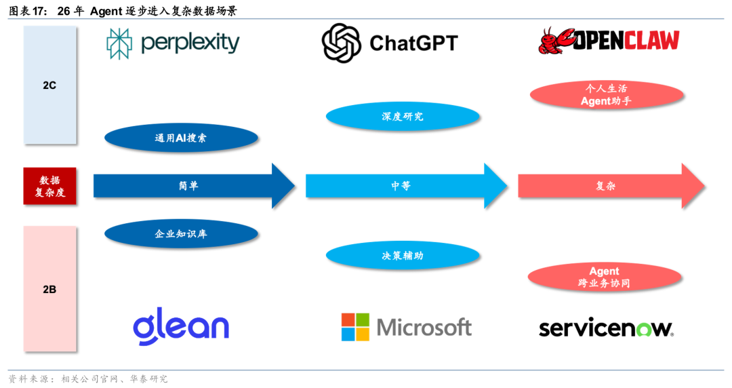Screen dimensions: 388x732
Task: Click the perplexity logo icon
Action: [x=119, y=43]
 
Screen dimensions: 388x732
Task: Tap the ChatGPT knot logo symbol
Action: [x=342, y=43]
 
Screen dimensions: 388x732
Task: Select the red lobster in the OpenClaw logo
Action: [x=554, y=41]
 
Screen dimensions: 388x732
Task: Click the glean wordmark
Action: [x=181, y=326]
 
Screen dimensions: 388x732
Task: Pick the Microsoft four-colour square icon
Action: [x=355, y=327]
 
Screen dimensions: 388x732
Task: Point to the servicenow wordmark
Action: [x=606, y=328]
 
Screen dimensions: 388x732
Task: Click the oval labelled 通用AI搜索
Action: [x=181, y=138]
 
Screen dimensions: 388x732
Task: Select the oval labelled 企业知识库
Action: [x=181, y=234]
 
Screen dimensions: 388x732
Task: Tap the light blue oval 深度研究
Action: [x=403, y=117]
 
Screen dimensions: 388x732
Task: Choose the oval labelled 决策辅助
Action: [x=403, y=256]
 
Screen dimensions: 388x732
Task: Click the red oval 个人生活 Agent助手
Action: [x=605, y=95]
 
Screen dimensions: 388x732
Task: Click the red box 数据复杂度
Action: [x=49, y=186]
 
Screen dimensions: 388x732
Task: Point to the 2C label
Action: [x=49, y=86]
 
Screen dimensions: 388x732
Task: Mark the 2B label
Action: [x=49, y=290]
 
